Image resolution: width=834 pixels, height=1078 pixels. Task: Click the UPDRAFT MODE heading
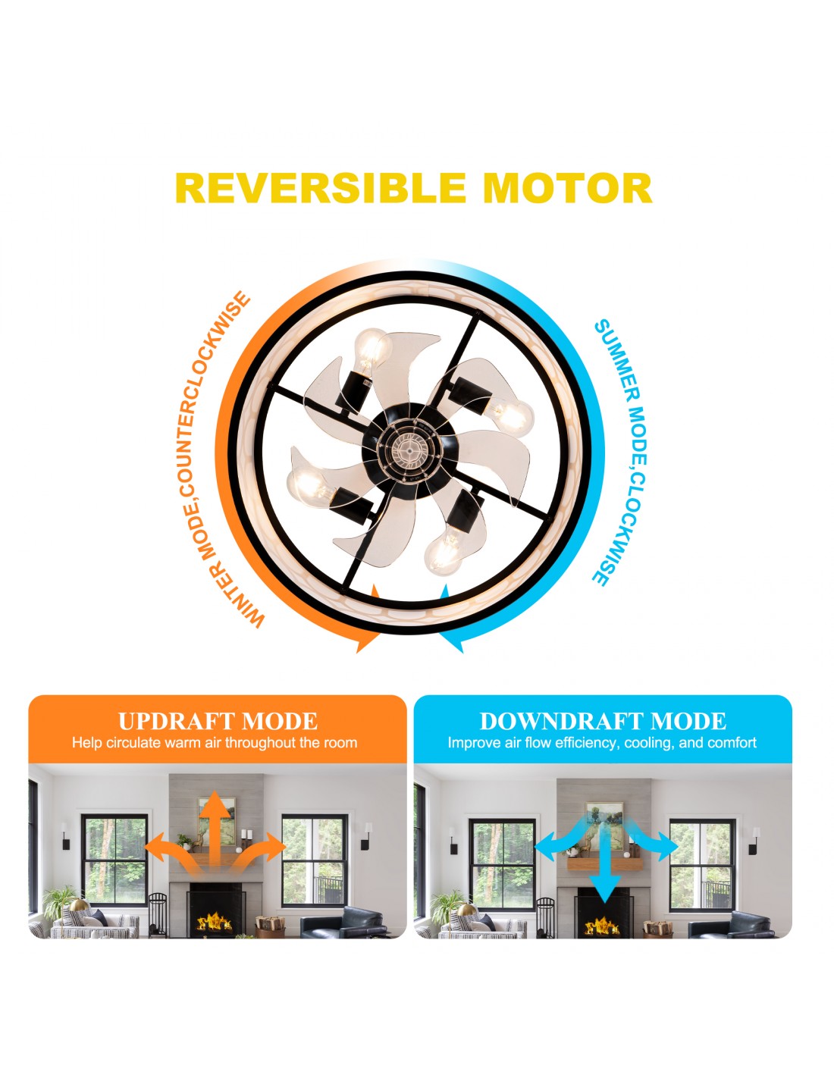point(218,721)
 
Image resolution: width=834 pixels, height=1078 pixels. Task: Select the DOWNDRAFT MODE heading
point(603,721)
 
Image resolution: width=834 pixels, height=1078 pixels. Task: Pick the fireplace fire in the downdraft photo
point(602,926)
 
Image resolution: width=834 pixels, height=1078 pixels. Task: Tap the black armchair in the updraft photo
point(343,923)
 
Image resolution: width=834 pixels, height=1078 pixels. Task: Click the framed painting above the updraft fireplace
point(217,821)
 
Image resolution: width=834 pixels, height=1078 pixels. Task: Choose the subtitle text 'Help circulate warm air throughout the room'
point(215,743)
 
